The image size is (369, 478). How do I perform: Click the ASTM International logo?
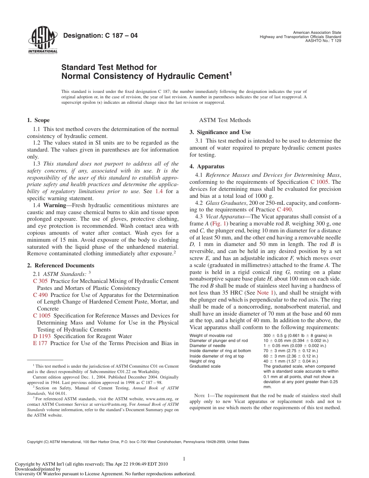(x=42, y=40)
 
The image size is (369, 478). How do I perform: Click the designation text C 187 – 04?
(x=100, y=36)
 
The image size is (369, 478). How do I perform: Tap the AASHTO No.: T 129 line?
(x=323, y=41)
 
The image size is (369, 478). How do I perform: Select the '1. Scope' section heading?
(x=38, y=120)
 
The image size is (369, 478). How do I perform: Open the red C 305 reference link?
(x=40, y=281)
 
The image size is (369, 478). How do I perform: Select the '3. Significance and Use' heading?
(x=220, y=132)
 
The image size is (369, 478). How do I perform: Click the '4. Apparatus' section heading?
(x=207, y=166)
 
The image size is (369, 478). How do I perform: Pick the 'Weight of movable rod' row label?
(x=211, y=335)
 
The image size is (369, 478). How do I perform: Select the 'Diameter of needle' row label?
(x=207, y=345)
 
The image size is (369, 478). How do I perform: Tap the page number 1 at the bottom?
(x=184, y=459)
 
